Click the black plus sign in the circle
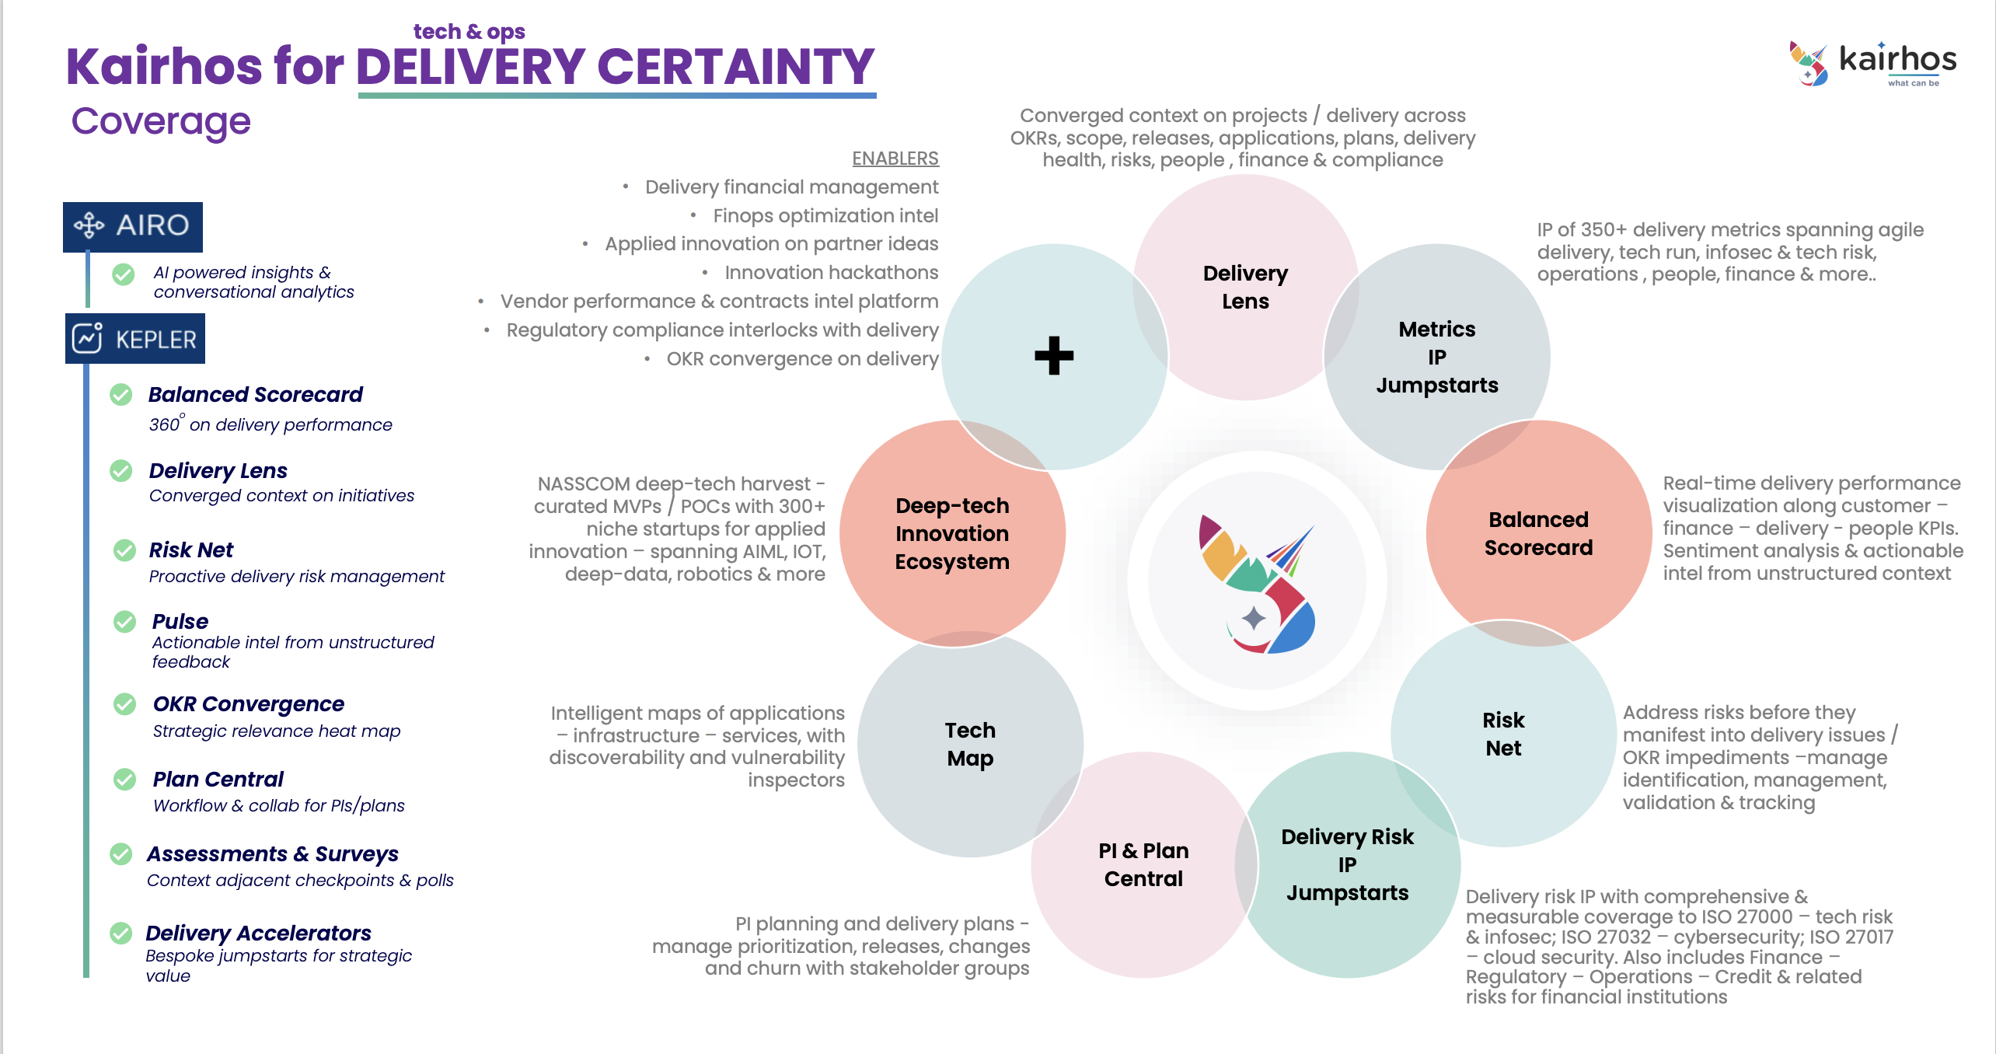pyautogui.click(x=1054, y=356)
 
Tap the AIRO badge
pyautogui.click(x=133, y=226)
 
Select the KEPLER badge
pyautogui.click(x=135, y=339)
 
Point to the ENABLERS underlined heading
pyautogui.click(x=895, y=159)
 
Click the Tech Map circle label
pyautogui.click(x=970, y=744)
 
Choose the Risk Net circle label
pyautogui.click(x=1503, y=734)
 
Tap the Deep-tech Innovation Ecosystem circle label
pyautogui.click(x=952, y=533)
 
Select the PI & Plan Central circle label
pyautogui.click(x=1143, y=864)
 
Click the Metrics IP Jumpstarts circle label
pyautogui.click(x=1437, y=357)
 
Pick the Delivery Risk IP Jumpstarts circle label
pyautogui.click(x=1347, y=864)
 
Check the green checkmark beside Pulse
pyautogui.click(x=124, y=622)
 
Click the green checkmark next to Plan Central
pyautogui.click(x=124, y=779)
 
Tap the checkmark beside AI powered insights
pyautogui.click(x=123, y=274)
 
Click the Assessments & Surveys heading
pyautogui.click(x=272, y=853)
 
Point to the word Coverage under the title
pyautogui.click(x=161, y=121)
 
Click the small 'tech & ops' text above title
pyautogui.click(x=469, y=32)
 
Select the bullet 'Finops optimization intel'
pyautogui.click(x=825, y=215)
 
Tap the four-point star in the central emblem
pyautogui.click(x=1253, y=619)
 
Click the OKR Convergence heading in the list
pyautogui.click(x=248, y=703)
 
